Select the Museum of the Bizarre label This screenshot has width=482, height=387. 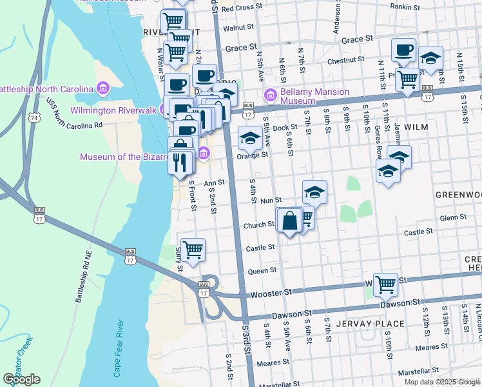(x=137, y=157)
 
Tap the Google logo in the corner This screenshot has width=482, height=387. (x=21, y=379)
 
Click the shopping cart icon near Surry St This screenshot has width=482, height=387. (x=193, y=248)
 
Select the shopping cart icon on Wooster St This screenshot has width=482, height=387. (x=385, y=283)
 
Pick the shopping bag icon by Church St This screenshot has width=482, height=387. (x=289, y=221)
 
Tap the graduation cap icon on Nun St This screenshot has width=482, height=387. (x=314, y=192)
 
